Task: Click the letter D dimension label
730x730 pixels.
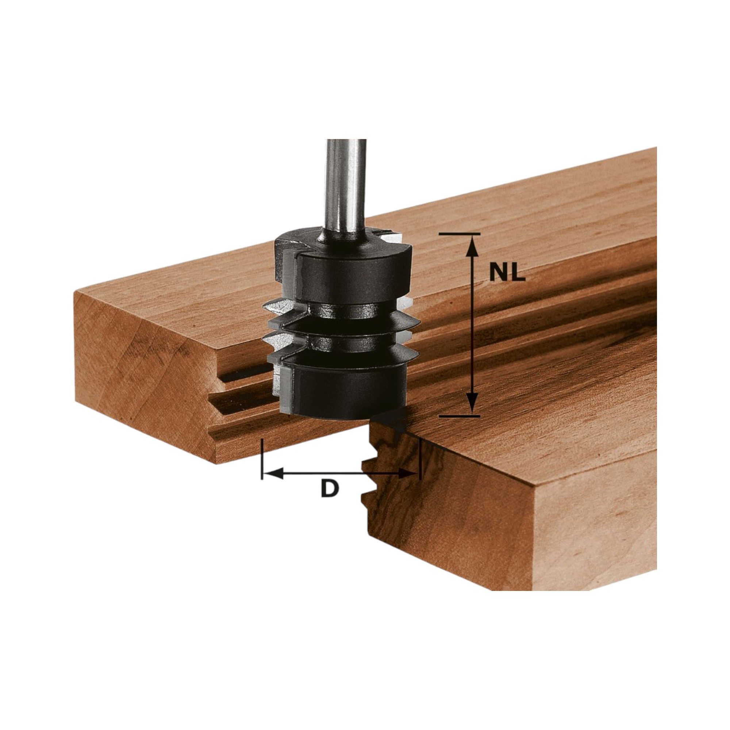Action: [x=330, y=490]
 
